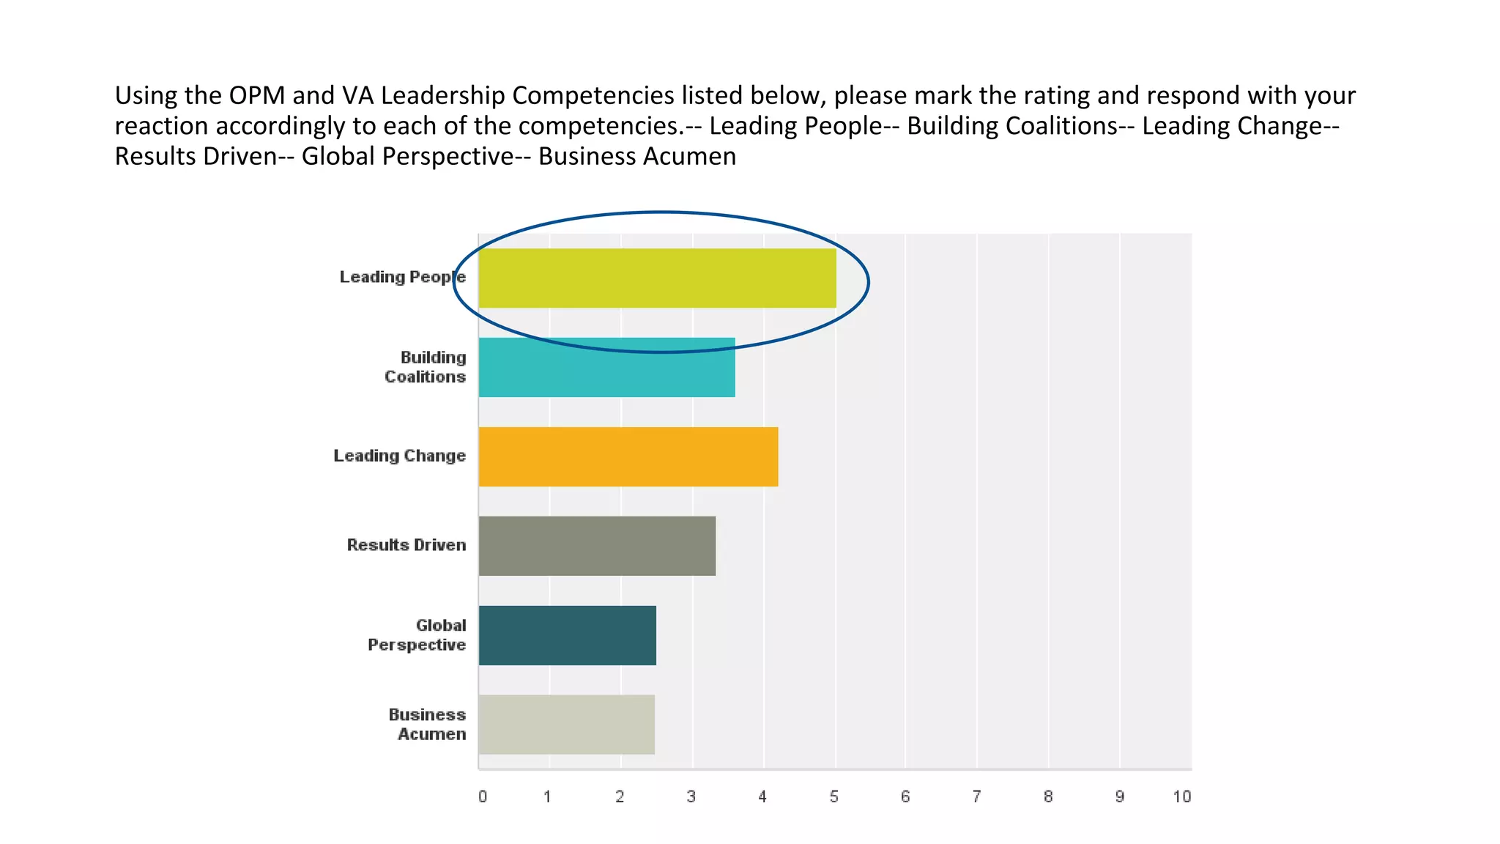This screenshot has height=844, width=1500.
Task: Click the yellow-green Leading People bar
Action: (x=657, y=278)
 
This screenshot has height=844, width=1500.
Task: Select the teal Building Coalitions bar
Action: (x=606, y=368)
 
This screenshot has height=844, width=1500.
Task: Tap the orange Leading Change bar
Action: (x=628, y=456)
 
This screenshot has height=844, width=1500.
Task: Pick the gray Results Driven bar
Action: (x=597, y=546)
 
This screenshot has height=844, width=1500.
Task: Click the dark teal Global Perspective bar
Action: (x=567, y=635)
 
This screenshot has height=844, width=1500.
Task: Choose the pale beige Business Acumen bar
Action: (x=566, y=725)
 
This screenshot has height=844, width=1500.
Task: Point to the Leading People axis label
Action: (x=402, y=277)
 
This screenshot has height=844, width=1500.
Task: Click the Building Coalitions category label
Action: (x=426, y=367)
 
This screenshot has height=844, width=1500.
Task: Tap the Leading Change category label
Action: (x=399, y=456)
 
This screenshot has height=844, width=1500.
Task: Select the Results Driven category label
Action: (x=406, y=545)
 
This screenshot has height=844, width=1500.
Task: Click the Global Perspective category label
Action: (x=417, y=635)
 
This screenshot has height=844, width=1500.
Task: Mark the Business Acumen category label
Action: (x=427, y=725)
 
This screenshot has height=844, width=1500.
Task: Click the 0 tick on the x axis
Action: (x=483, y=797)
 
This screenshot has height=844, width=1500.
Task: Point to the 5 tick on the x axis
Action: (x=833, y=797)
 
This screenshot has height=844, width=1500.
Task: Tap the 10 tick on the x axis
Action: (x=1181, y=797)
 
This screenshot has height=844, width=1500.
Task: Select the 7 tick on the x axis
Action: (x=976, y=797)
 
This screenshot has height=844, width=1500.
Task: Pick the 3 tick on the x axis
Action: (x=691, y=797)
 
